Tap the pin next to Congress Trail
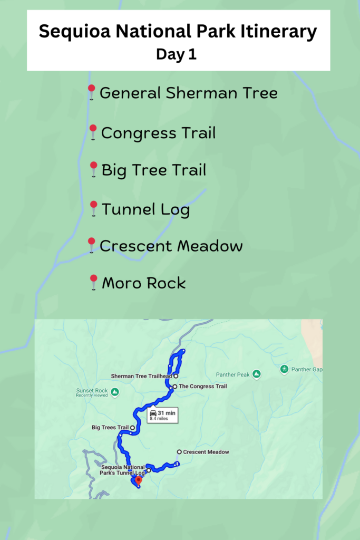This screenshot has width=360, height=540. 93,131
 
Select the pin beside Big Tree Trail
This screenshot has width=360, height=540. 94,168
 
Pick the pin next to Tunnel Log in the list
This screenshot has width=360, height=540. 94,207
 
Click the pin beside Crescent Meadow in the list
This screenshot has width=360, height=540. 92,244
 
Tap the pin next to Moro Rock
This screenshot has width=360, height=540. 94,281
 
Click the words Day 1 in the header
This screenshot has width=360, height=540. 176,55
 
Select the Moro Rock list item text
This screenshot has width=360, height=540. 144,283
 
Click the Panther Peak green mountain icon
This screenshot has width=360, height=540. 256,374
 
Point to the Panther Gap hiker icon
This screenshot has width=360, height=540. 285,369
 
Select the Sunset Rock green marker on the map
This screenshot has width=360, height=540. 114,392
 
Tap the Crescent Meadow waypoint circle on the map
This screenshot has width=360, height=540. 180,452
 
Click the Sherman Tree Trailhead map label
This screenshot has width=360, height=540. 142,377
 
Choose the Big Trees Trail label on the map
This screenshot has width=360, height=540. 110,428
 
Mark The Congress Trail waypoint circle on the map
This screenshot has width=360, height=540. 174,387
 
